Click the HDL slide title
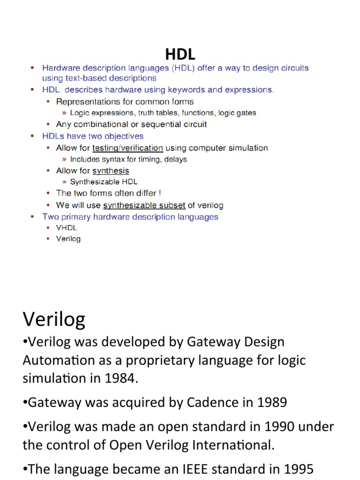tap(180, 53)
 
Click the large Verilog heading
tap(54, 320)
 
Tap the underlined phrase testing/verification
tap(127, 148)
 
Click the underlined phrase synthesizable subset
tap(144, 205)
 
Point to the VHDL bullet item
tap(66, 228)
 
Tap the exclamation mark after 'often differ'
tap(159, 193)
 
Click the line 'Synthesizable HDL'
tap(104, 182)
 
